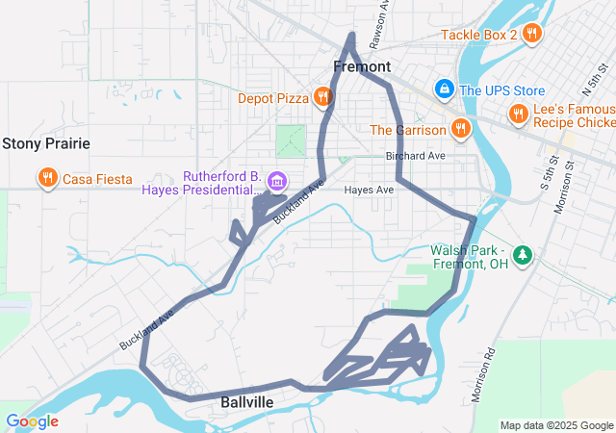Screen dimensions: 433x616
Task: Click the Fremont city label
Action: [x=362, y=66]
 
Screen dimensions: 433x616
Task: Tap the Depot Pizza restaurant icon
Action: [x=323, y=97]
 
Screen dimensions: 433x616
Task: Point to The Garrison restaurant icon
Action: [x=461, y=129]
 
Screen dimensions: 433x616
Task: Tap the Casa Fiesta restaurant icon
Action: [x=46, y=178]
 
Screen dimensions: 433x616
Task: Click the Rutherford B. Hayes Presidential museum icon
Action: [x=277, y=180]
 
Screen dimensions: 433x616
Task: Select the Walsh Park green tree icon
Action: [x=523, y=255]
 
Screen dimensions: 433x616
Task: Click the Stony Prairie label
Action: [x=46, y=143]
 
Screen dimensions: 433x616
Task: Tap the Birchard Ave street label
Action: [x=415, y=156]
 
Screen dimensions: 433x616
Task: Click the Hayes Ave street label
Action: [x=370, y=191]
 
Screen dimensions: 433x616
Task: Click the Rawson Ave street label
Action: [x=382, y=19]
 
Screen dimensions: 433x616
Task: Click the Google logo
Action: [x=32, y=421]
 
